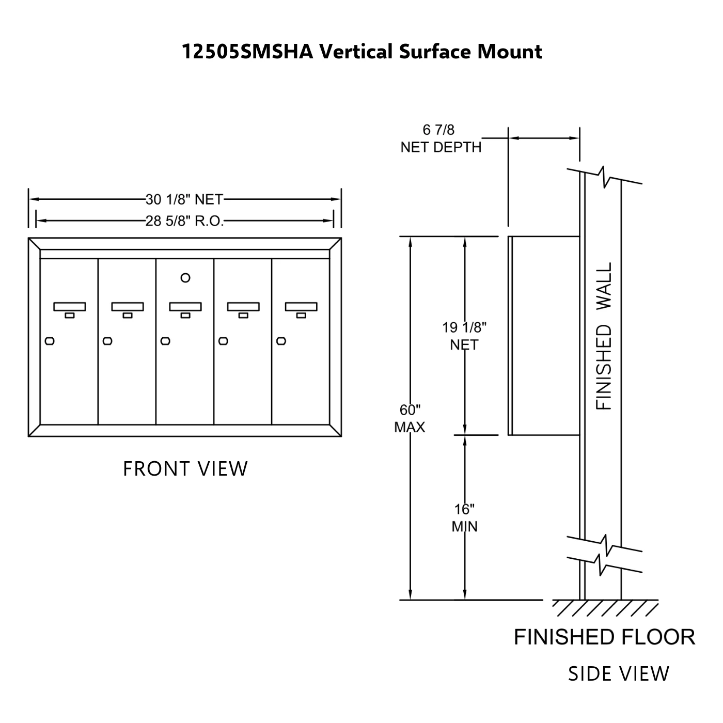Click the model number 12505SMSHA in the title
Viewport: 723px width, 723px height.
click(x=247, y=52)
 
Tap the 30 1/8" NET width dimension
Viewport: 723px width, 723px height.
click(x=184, y=199)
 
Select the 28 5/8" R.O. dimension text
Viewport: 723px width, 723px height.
click(x=184, y=222)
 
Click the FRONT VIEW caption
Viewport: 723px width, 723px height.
click(x=185, y=469)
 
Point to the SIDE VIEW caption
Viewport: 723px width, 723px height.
click(x=618, y=674)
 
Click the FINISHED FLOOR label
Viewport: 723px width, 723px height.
click(x=604, y=637)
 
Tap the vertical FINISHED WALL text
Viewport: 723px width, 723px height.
click(x=604, y=336)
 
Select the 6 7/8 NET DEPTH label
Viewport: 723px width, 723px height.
click(x=441, y=139)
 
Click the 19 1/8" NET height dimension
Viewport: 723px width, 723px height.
click(x=464, y=336)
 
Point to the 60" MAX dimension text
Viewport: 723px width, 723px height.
click(x=410, y=419)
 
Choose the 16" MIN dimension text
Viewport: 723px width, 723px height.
click(x=464, y=518)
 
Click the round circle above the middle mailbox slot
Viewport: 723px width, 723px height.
click(x=185, y=278)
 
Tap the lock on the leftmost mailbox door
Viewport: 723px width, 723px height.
click(x=50, y=341)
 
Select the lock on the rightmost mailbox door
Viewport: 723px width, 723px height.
click(x=281, y=341)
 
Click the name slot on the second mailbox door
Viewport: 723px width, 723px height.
click(x=128, y=307)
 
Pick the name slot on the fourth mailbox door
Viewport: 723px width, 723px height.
click(x=243, y=307)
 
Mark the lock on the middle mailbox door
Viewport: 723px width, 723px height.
click(x=165, y=341)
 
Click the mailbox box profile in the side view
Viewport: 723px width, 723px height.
click(x=543, y=336)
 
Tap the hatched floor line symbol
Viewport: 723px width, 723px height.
click(x=604, y=608)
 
